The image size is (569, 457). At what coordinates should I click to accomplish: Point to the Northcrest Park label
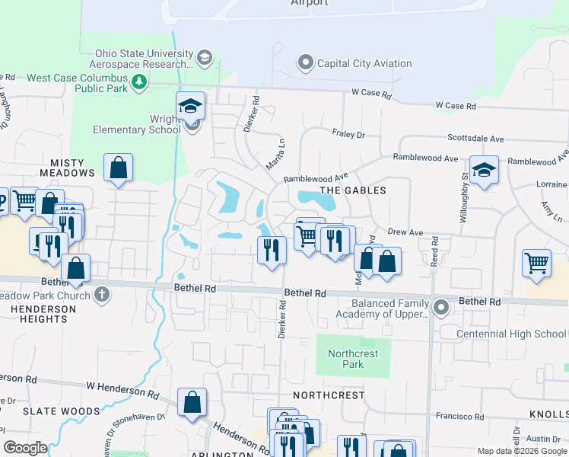[346, 359]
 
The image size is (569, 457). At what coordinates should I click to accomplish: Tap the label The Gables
[352, 190]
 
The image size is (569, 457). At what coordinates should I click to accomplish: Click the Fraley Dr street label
[348, 134]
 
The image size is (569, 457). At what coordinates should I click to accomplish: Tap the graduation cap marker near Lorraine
[483, 171]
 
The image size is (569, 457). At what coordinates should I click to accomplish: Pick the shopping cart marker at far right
[536, 264]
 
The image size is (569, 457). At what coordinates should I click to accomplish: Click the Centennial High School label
[511, 334]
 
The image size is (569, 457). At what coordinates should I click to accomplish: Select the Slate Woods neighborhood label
[51, 411]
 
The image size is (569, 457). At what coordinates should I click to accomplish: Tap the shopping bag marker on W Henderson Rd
[192, 401]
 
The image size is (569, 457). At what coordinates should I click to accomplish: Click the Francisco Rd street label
[455, 415]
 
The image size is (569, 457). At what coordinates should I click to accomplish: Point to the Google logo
[25, 448]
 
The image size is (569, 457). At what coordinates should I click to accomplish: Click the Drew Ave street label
[405, 232]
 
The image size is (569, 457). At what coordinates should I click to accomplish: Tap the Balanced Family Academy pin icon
[441, 308]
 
